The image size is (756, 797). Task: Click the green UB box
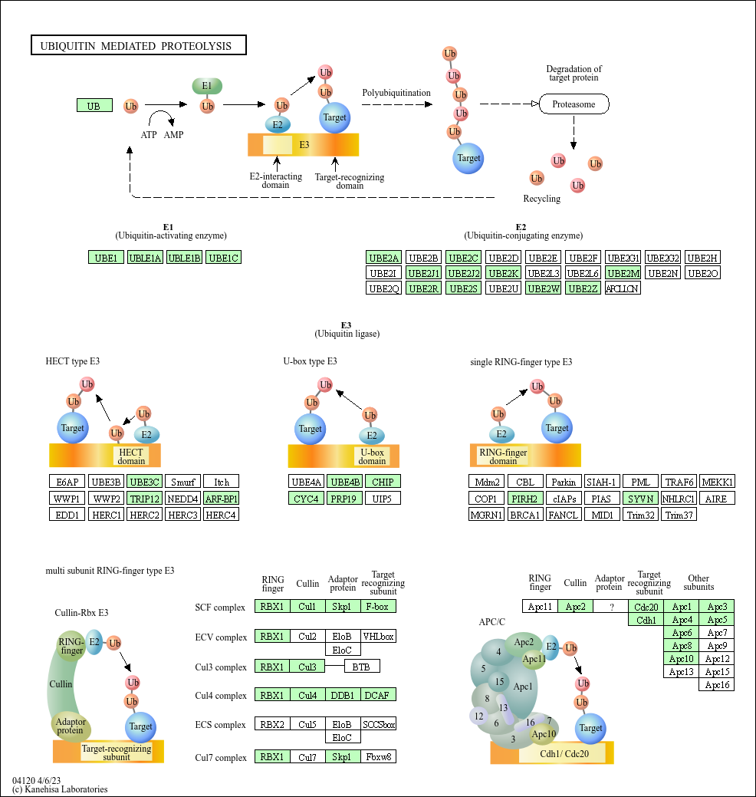tap(94, 106)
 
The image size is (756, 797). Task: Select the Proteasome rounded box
tap(574, 104)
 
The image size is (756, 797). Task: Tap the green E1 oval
tap(206, 86)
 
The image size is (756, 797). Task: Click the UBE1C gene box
tap(225, 258)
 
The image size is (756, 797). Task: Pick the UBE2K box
tap(503, 273)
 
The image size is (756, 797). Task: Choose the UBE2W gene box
tap(543, 288)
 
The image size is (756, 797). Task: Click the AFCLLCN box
tap(623, 288)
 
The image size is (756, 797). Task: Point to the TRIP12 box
tap(145, 499)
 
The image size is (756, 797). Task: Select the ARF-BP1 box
tap(222, 499)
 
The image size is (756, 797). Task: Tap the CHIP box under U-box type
tap(383, 482)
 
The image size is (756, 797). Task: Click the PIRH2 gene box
tap(525, 499)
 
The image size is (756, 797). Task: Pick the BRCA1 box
tap(525, 515)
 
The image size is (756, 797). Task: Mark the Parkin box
tap(564, 482)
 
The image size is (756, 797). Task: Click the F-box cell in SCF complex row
tap(378, 607)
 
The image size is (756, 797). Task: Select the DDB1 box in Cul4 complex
tap(343, 696)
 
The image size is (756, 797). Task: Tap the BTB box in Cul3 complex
tap(361, 667)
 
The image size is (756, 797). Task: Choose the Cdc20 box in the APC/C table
tap(646, 607)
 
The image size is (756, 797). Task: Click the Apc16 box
tap(717, 685)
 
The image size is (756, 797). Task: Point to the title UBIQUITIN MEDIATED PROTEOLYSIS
tap(138, 46)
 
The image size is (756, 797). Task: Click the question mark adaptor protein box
tap(610, 607)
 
